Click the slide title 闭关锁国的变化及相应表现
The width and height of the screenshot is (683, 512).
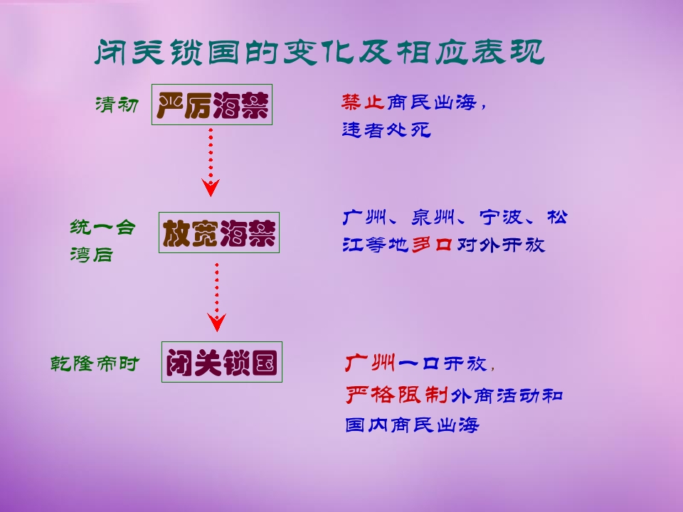point(319,52)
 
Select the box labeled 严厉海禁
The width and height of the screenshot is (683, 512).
point(212,105)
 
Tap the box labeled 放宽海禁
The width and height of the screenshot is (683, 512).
point(218,233)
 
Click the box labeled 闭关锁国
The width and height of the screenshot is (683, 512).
point(222,362)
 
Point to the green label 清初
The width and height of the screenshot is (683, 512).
point(117,105)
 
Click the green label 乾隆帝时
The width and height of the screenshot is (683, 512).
point(95,363)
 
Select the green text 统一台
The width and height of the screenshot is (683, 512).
point(102,228)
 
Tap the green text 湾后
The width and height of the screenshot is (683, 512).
point(92,255)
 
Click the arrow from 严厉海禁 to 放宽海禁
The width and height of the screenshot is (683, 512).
point(211,162)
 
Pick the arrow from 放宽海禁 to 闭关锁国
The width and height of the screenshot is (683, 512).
point(216,297)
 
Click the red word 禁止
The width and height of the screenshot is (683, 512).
point(362,102)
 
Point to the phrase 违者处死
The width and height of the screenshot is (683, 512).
point(386,129)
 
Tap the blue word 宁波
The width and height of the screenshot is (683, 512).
point(500,218)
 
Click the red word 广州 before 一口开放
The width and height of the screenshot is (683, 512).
point(370,363)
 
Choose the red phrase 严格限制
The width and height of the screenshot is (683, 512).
point(397,395)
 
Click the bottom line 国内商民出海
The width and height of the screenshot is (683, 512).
point(412,425)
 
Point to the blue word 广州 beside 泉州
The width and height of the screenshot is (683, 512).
point(364,218)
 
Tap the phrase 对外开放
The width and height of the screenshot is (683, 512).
point(500,245)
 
